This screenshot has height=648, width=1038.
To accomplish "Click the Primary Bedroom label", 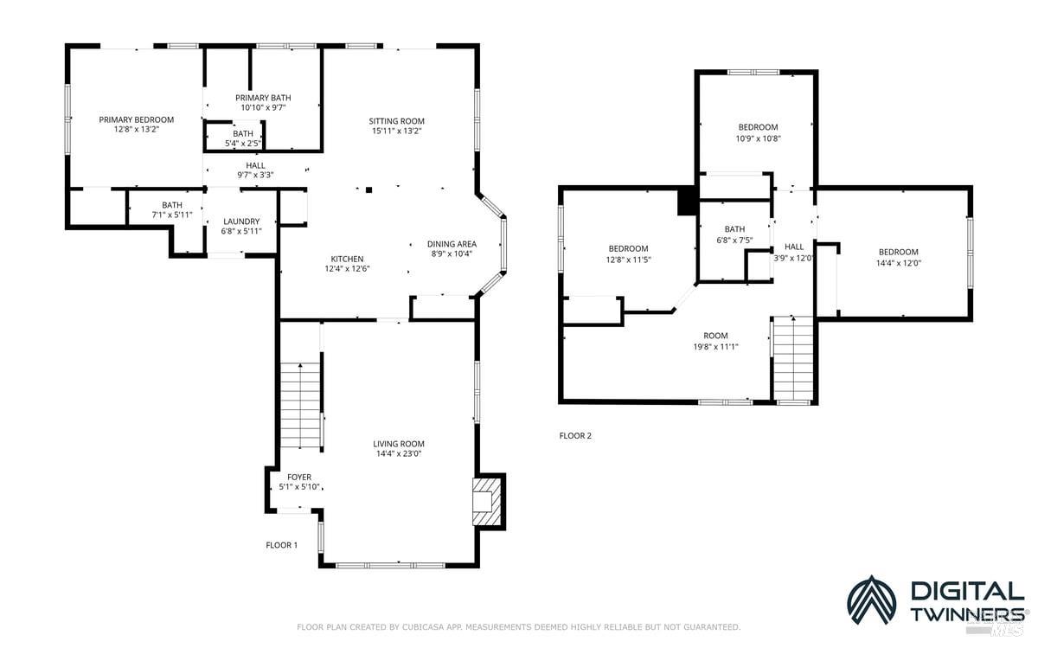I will [x=136, y=119].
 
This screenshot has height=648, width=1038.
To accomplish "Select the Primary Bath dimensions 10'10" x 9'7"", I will [x=262, y=108].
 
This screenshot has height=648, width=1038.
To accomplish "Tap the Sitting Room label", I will [x=396, y=121].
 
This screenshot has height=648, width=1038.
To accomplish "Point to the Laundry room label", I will [x=241, y=221].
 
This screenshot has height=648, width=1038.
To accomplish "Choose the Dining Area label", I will [x=452, y=244].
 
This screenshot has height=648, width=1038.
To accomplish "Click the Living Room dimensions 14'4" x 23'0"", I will [x=398, y=453].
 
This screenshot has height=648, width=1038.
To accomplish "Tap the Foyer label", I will [x=299, y=477].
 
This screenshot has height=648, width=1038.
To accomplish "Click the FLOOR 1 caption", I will [x=281, y=545].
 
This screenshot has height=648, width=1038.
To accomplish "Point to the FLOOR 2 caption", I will [x=575, y=436].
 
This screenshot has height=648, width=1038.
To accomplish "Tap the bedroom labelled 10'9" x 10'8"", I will [x=757, y=127].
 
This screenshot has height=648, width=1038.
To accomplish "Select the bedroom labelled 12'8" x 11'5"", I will [x=627, y=248].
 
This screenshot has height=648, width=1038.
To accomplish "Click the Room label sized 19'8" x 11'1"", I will [x=715, y=336].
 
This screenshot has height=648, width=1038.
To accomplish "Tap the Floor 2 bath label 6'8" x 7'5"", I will [x=734, y=229].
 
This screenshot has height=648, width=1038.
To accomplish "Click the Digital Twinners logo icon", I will [x=871, y=600].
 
